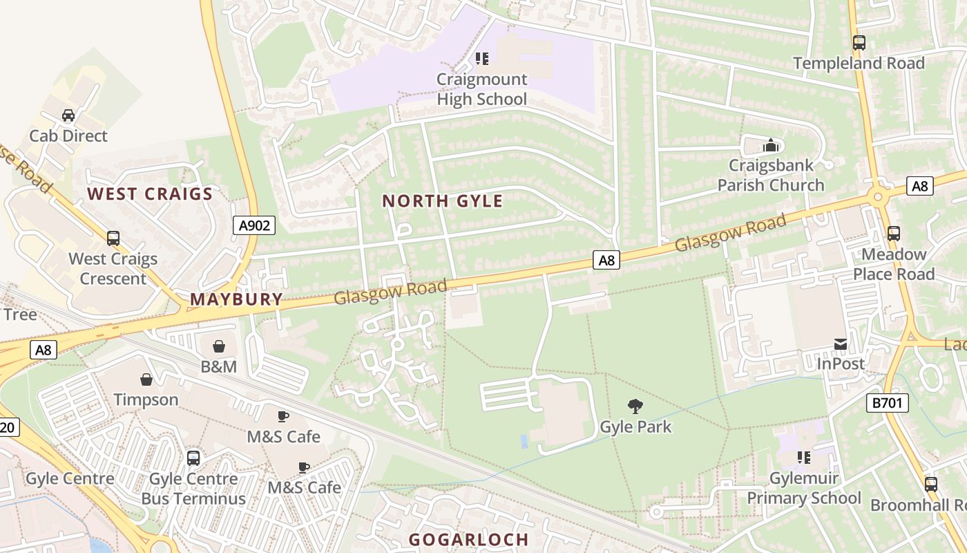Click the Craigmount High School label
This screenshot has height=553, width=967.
click(481, 89)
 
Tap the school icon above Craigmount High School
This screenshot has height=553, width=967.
click(482, 59)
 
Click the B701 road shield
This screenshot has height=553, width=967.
click(888, 403)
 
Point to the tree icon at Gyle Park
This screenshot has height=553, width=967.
click(635, 406)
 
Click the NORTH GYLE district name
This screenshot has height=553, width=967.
click(443, 201)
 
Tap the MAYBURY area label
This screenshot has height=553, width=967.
click(236, 299)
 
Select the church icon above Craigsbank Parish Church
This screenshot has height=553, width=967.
click(770, 146)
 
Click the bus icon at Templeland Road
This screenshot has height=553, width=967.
click(859, 43)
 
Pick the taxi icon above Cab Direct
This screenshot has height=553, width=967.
click(68, 115)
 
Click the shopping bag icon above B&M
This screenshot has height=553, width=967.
click(218, 346)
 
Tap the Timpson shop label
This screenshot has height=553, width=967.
click(146, 400)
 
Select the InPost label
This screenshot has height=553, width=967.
click(841, 364)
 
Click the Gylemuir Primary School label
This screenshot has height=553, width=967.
click(804, 488)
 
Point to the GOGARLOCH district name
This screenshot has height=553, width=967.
click(468, 539)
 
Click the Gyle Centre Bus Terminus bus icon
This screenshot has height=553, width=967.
click(193, 458)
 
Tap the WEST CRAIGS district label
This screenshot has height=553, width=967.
click(150, 194)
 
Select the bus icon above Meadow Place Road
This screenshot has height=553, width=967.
click(893, 234)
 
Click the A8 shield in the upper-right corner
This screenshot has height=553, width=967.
click(920, 185)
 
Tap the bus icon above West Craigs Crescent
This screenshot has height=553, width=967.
click(113, 238)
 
